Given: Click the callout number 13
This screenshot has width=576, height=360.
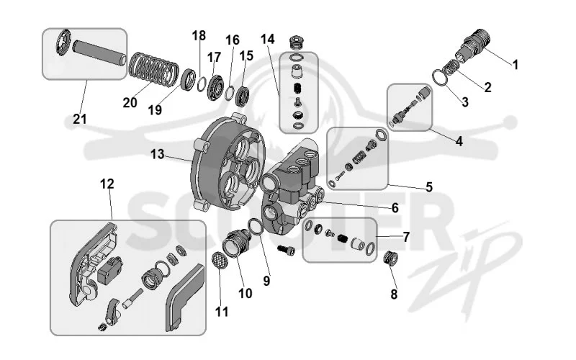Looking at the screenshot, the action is [157, 154].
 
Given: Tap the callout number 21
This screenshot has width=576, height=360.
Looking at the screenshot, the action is [80, 119].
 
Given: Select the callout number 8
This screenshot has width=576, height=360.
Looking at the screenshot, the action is [394, 294].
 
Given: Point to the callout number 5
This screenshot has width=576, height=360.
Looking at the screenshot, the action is [429, 187].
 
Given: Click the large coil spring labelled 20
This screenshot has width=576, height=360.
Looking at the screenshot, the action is [153, 69].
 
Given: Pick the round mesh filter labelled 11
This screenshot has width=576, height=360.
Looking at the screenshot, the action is [220, 260].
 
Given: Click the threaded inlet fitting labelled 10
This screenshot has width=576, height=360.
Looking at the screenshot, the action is [237, 243].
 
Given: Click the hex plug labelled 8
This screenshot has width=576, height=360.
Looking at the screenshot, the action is [390, 258].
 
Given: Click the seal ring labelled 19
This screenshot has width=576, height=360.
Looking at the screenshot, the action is [189, 79].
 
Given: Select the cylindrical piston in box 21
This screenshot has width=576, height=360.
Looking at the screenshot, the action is [99, 52].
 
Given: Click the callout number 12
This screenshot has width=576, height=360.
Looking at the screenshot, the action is [107, 184].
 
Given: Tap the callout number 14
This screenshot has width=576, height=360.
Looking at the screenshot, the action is [268, 39].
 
